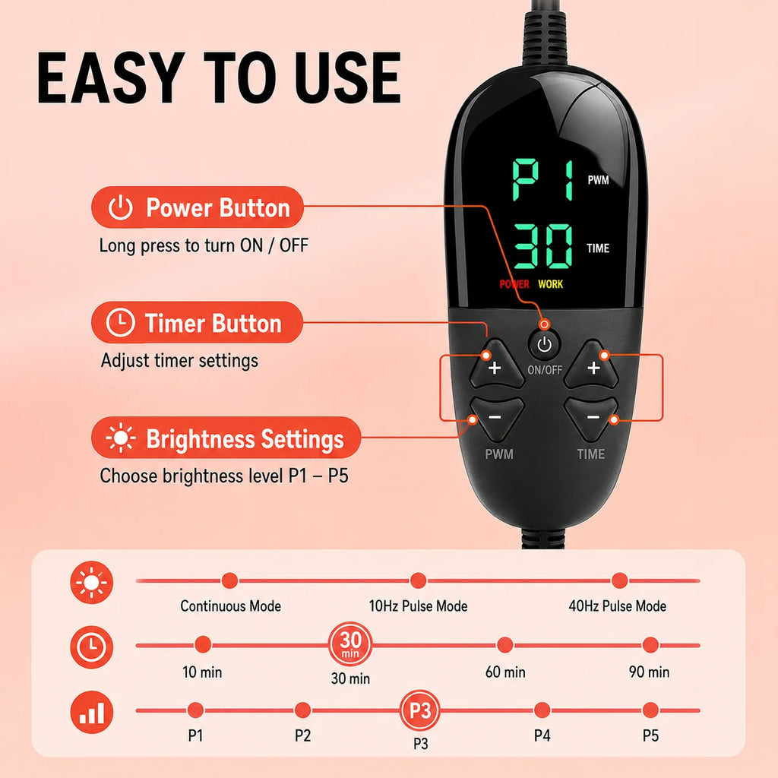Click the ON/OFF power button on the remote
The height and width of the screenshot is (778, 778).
coord(544,344)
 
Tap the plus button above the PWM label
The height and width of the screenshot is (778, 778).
coord(495,365)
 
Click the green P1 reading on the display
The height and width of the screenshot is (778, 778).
coord(543,179)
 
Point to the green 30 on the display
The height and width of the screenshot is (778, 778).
coord(543,246)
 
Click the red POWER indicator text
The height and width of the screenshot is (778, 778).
coord(514,284)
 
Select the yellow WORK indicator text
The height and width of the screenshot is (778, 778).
coord(550,284)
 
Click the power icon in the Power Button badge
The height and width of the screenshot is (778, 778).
coord(121,207)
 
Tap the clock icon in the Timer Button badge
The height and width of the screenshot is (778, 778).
coord(121,323)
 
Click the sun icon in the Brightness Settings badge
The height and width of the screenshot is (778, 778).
coord(121,438)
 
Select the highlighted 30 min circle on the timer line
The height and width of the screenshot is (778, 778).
coord(350,644)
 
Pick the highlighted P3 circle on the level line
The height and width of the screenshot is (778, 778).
coord(420,710)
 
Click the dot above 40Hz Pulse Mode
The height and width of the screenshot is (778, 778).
coord(619,580)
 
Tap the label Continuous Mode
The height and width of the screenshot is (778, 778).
coord(231,606)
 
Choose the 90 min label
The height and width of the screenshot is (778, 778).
coord(649,672)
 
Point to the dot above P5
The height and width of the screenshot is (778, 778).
coord(650,710)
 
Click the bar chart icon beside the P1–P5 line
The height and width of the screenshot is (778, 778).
coord(92,713)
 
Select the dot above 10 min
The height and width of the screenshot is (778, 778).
coord(202,644)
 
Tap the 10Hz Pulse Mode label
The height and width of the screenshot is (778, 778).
coord(419,606)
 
